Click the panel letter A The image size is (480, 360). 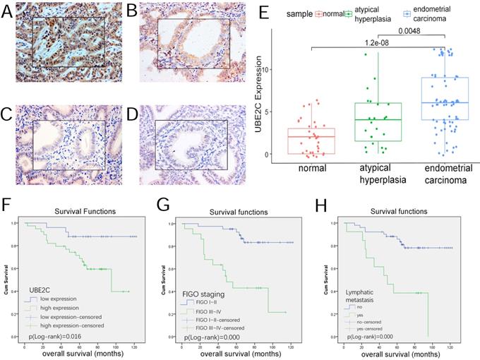click(8, 12)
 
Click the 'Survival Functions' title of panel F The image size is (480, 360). click(84, 210)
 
